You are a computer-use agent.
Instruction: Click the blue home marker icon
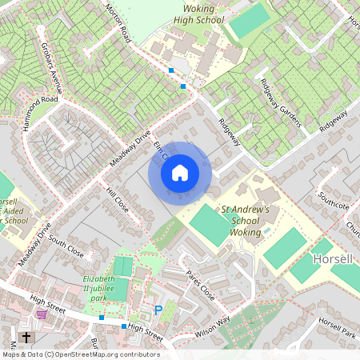coord(180,172)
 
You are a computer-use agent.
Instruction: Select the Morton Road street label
coord(117,22)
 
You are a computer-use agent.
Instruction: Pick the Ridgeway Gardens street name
coord(280,102)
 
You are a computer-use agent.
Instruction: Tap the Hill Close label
coord(118,200)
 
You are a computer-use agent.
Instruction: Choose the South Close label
coord(66,244)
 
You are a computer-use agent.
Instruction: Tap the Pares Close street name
coord(200,286)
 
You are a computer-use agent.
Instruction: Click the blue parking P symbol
coord(158,310)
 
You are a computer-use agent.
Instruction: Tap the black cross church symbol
coord(26,338)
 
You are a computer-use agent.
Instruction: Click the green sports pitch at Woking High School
coord(249,21)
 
